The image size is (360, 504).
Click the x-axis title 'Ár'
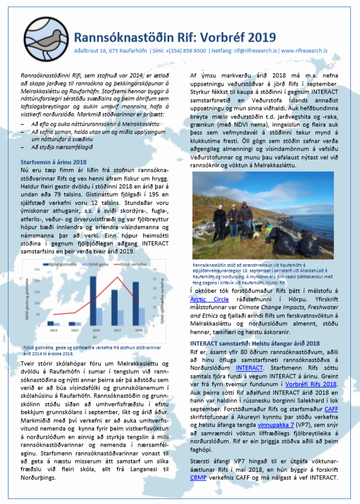point(95,337)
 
